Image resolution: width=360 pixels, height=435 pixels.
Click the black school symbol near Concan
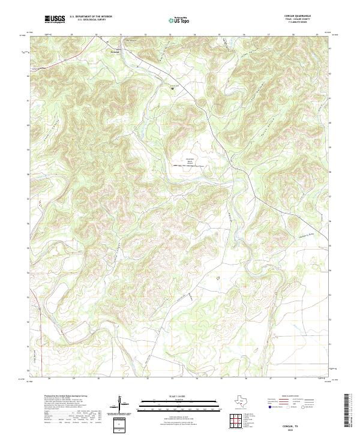173,89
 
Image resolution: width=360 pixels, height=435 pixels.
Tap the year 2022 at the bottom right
301,428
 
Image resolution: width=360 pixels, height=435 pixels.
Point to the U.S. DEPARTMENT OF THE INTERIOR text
91,17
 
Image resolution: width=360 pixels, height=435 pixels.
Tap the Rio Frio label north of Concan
127,41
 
